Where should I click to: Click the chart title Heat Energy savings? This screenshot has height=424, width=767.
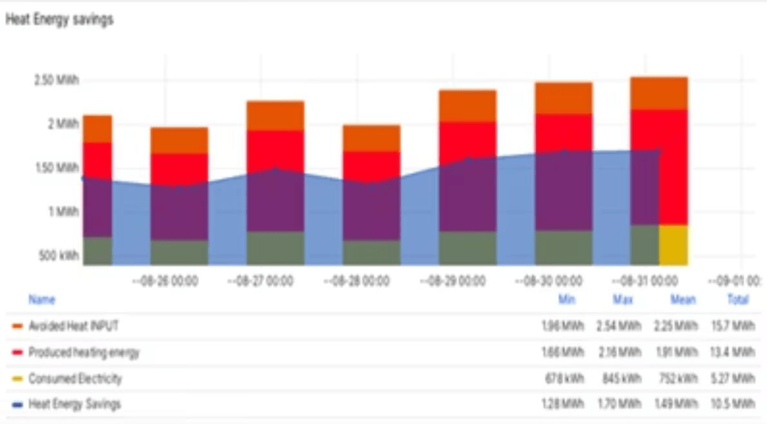pos(59,20)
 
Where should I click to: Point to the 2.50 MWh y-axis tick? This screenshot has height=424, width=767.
pos(57,81)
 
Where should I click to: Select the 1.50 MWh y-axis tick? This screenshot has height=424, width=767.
pos(57,168)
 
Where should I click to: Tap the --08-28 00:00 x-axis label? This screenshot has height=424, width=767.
pos(356,282)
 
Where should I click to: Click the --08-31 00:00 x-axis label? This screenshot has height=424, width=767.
pos(645,282)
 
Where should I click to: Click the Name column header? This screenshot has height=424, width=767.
pos(42,300)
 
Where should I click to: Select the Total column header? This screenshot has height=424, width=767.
pos(738,300)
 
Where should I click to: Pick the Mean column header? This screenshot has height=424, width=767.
pos(683,300)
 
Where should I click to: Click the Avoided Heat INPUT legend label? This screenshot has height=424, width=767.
pos(73,326)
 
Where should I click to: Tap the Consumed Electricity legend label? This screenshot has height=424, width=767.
pos(75,378)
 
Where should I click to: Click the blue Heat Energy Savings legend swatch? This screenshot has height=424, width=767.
pos(17,405)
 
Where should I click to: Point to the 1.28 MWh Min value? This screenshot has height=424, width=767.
pos(563,405)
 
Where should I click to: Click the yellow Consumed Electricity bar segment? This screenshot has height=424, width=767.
pos(674,245)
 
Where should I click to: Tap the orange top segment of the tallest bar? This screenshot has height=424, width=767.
pos(659,93)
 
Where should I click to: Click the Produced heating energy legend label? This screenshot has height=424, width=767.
pos(84,352)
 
